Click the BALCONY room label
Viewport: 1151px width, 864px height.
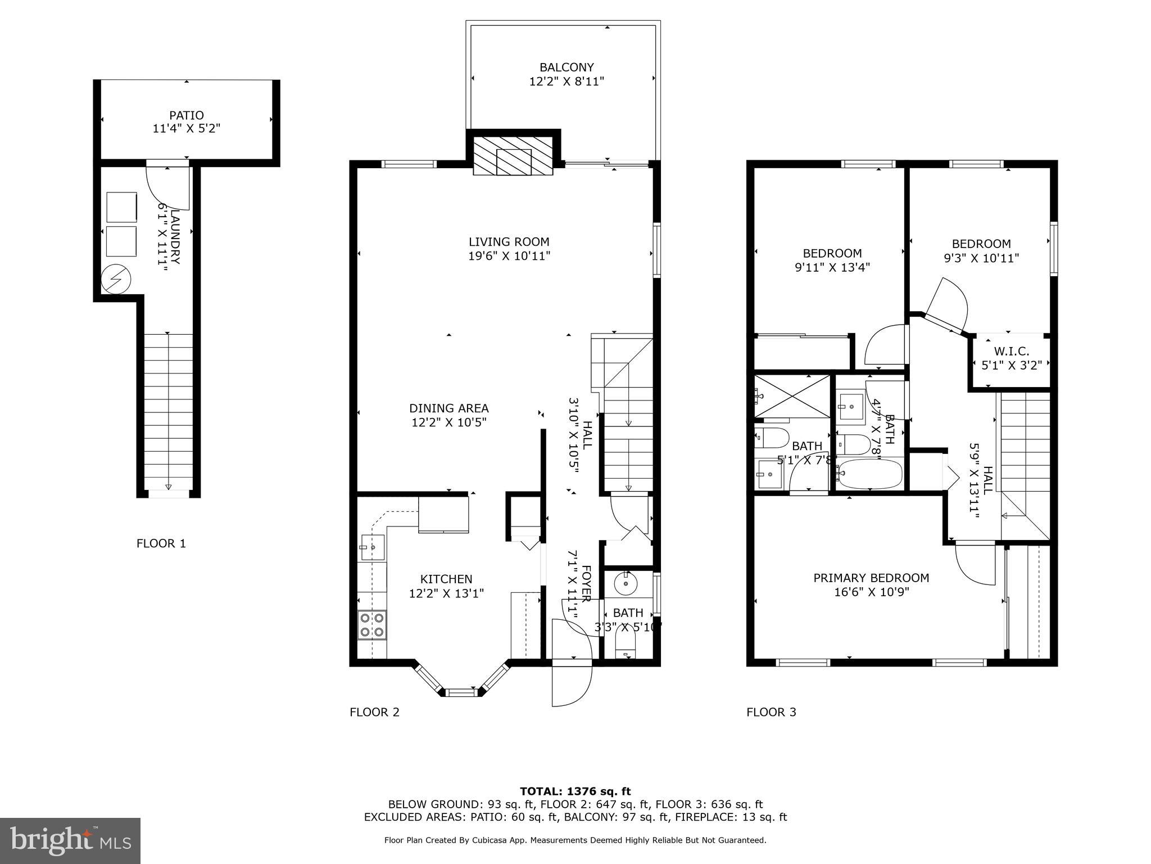click(566, 67)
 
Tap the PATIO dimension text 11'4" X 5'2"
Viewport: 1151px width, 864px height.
click(186, 129)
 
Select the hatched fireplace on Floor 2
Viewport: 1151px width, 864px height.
click(513, 155)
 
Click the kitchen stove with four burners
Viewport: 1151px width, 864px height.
click(372, 624)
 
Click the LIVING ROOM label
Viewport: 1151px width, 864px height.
click(509, 242)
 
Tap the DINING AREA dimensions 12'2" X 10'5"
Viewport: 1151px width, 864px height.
click(448, 422)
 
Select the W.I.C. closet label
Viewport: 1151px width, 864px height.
click(1011, 352)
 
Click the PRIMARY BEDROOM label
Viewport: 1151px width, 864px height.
click(871, 578)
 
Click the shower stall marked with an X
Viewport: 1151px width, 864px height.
click(792, 396)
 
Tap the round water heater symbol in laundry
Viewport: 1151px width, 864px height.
click(116, 279)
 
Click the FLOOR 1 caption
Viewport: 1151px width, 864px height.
click(161, 543)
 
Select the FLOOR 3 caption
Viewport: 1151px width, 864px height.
click(771, 712)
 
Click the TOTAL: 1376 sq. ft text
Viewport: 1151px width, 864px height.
click(575, 792)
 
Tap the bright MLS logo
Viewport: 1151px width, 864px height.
click(70, 840)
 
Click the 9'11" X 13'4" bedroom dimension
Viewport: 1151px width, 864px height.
click(832, 267)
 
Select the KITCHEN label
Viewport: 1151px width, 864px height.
click(446, 579)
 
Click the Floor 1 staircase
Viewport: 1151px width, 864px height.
click(168, 411)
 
